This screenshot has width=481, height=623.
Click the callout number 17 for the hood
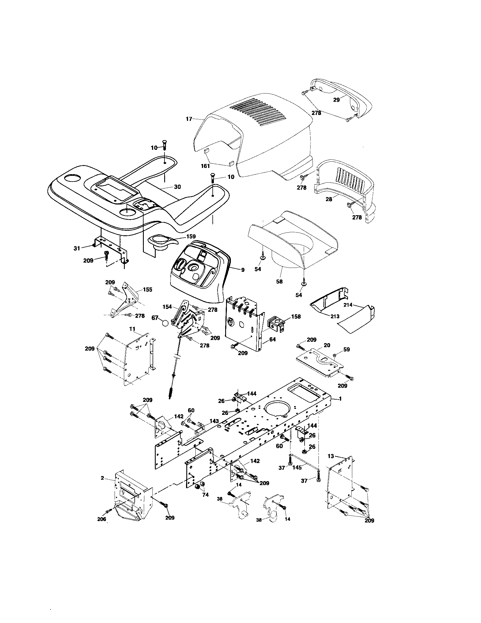pos(189,119)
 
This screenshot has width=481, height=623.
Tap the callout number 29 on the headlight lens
pos(336,100)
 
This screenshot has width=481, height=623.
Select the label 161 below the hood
pos(205,166)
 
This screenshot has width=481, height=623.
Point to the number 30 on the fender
pos(177,187)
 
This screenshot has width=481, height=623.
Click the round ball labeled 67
pos(165,323)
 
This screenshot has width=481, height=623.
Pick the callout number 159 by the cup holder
pos(191,236)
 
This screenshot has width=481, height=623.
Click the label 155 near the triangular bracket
pos(147,289)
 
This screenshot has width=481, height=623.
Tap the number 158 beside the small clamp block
pos(296,316)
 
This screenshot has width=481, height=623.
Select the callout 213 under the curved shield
pos(335,316)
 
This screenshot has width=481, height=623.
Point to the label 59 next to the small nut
pos(346,349)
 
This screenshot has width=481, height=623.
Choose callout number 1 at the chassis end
pos(340,399)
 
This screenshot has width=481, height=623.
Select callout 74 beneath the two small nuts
pos(205,495)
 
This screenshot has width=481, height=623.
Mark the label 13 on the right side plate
pos(330,456)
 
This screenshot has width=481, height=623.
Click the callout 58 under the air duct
pos(279,281)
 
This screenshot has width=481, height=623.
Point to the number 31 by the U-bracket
pos(77,248)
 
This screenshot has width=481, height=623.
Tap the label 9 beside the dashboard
pos(242,270)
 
